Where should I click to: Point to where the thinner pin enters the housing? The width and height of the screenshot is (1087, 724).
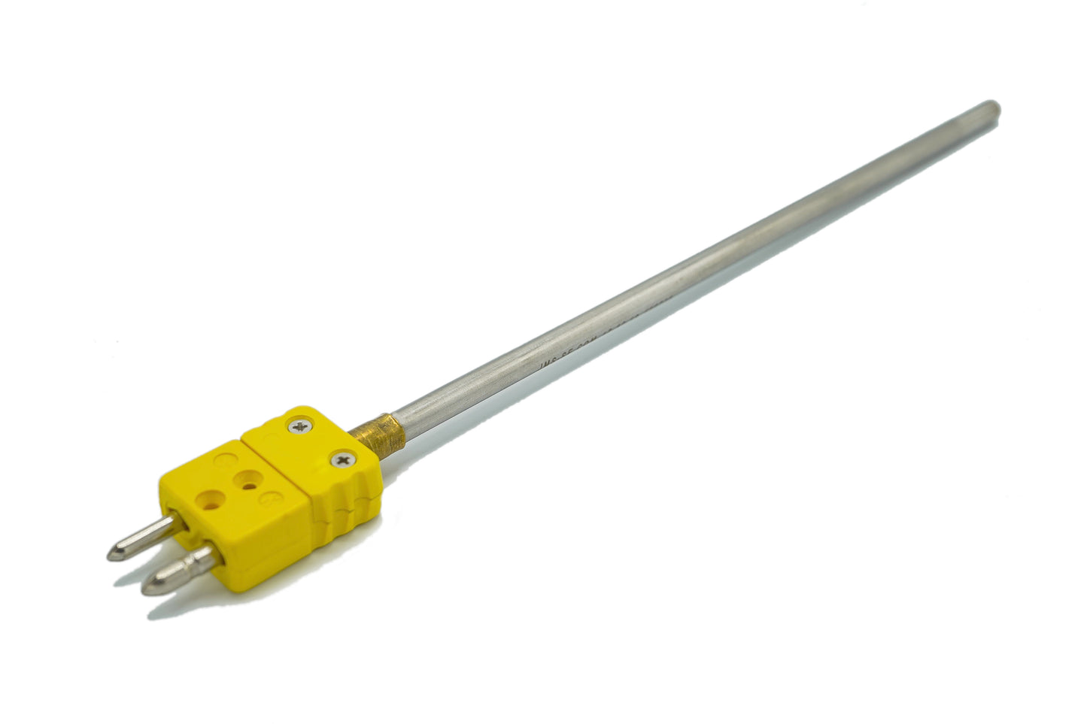pyautogui.click(x=175, y=517)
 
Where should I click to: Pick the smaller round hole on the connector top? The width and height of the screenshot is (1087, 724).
pyautogui.click(x=245, y=478)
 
